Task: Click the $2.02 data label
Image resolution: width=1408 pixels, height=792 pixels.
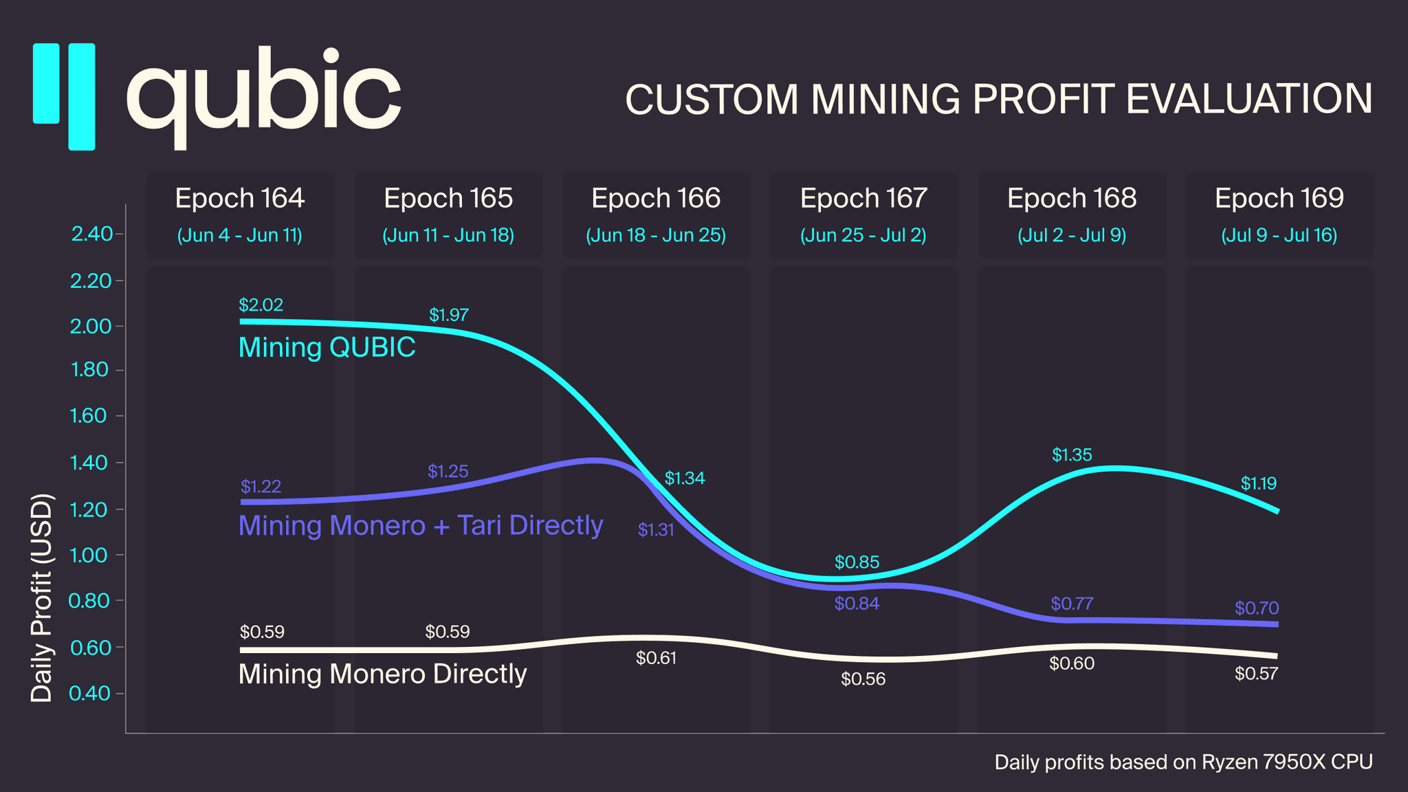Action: pyautogui.click(x=261, y=305)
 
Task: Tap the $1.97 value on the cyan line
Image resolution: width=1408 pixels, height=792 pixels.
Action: pyautogui.click(x=448, y=315)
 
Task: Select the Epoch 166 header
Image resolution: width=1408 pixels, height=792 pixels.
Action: pyautogui.click(x=656, y=198)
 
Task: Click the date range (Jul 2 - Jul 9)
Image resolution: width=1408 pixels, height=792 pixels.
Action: pyautogui.click(x=1072, y=236)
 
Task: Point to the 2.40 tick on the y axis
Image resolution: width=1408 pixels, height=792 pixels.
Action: pyautogui.click(x=92, y=234)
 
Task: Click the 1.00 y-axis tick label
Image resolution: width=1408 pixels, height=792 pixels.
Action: pyautogui.click(x=89, y=555)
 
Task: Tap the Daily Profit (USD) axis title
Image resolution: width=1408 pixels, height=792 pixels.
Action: pyautogui.click(x=42, y=597)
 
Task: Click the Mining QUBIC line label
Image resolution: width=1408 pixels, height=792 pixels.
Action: pyautogui.click(x=327, y=347)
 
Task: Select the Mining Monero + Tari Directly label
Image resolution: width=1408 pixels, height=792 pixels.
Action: pyautogui.click(x=420, y=525)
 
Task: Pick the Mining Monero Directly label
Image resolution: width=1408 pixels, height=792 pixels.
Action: pyautogui.click(x=382, y=674)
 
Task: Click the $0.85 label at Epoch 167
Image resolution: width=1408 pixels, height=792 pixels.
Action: pyautogui.click(x=857, y=562)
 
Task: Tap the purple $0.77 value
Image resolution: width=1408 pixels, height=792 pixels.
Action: pyautogui.click(x=1072, y=604)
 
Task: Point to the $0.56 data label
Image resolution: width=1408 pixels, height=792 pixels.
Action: pyautogui.click(x=863, y=679)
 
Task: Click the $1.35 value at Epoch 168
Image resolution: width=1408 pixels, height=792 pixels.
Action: pyautogui.click(x=1072, y=454)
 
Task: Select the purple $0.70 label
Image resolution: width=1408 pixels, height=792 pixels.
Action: pyautogui.click(x=1256, y=608)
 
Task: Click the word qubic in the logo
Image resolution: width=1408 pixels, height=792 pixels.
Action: pyautogui.click(x=263, y=96)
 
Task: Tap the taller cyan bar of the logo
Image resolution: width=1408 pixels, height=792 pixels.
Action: pyautogui.click(x=81, y=96)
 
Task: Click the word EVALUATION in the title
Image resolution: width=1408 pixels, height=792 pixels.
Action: pyautogui.click(x=1248, y=99)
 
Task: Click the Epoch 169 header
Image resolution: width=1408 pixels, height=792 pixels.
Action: pyautogui.click(x=1279, y=198)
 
